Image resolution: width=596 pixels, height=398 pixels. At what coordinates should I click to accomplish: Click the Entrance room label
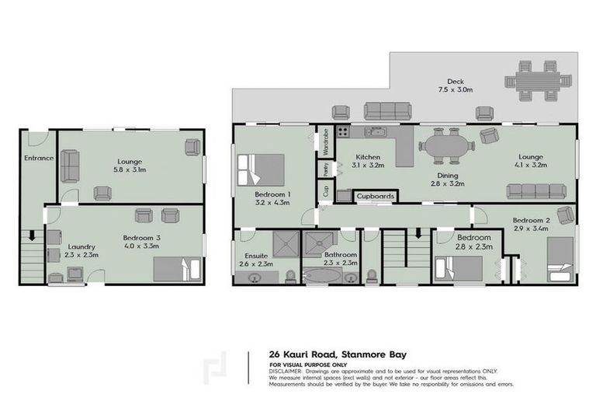(38, 159)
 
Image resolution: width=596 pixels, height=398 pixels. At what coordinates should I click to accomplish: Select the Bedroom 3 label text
(140, 239)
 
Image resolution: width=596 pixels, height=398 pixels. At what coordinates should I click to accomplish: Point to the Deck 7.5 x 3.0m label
(455, 85)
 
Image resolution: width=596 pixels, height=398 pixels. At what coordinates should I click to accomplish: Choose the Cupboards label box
(375, 197)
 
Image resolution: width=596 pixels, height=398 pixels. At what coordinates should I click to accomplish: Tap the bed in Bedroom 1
(262, 169)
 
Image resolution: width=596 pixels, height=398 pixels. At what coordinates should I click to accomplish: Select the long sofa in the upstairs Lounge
(535, 191)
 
